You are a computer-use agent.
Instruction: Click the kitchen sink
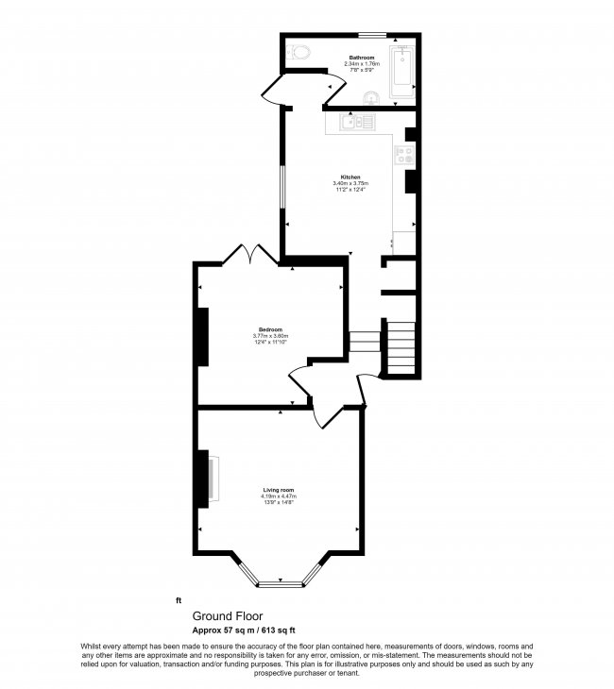pos(358,121)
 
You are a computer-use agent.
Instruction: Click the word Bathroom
pos(363,58)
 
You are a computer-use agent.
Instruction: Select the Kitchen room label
pos(350,176)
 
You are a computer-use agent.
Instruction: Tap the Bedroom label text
pos(270,329)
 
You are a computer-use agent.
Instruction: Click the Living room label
pos(279,490)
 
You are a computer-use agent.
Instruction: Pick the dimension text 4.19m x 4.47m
pos(279,496)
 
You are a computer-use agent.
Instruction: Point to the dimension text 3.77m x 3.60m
pos(270,336)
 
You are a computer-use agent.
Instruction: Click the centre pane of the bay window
pos(280,583)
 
